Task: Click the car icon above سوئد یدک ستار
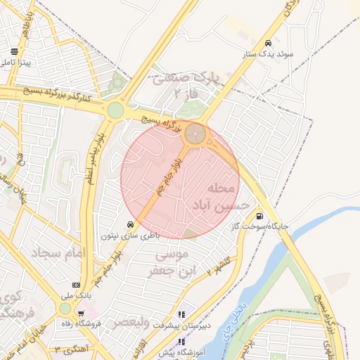coord(269,41)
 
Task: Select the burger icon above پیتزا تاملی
coord(14,51)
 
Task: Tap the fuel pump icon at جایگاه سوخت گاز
coord(261,217)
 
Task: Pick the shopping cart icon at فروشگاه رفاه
coord(82,314)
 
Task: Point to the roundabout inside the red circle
coord(196,133)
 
